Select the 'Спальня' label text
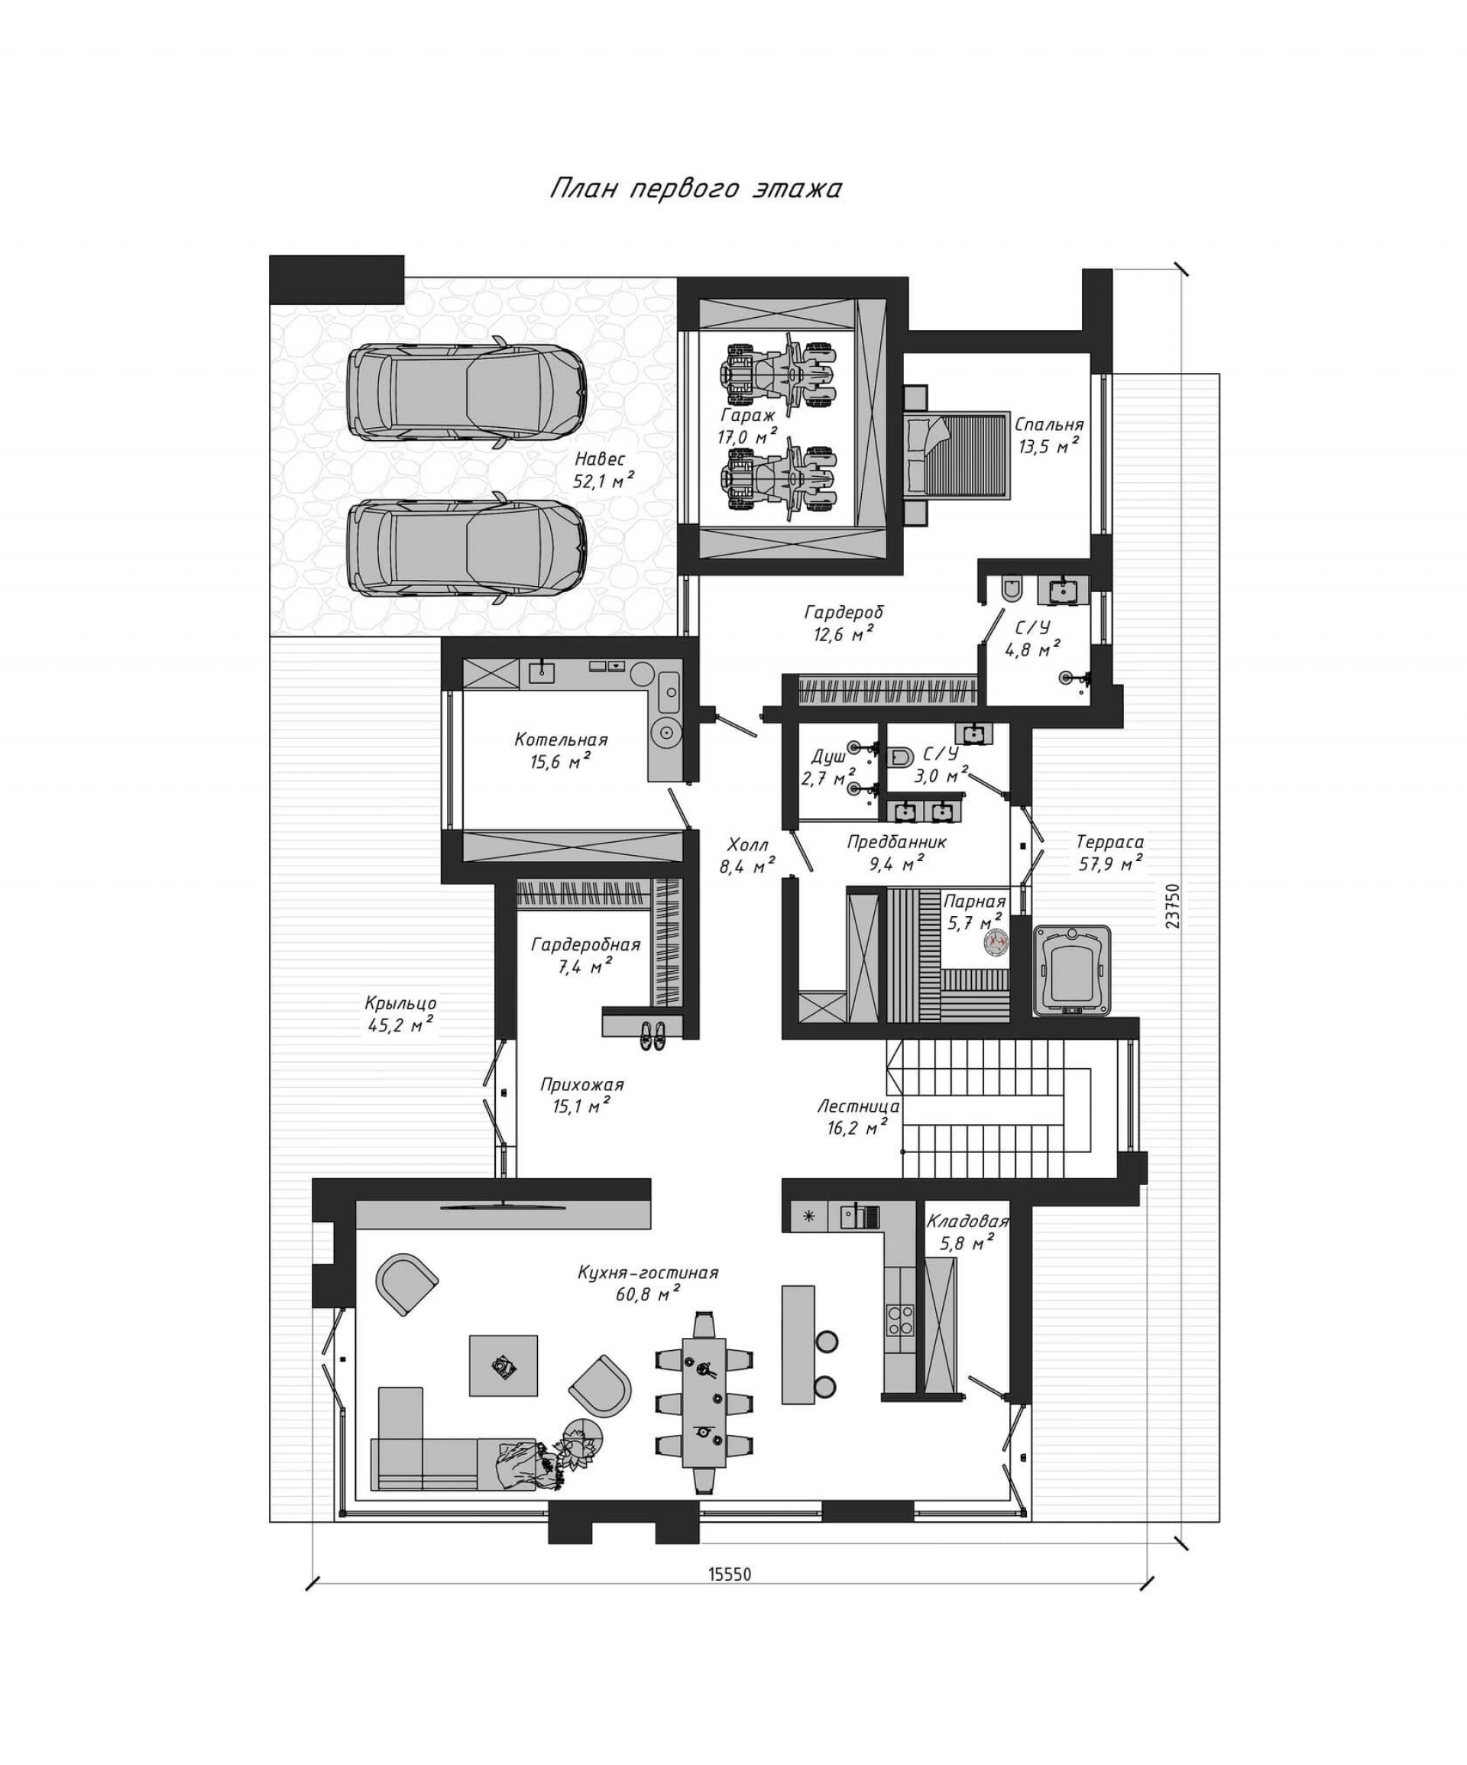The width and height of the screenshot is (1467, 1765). click(1048, 425)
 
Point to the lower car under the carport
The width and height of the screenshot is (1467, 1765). click(467, 548)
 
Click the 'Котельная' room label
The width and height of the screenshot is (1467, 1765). click(561, 740)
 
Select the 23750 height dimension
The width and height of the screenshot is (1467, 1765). click(1173, 905)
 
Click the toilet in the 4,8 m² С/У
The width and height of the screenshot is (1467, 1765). click(1012, 588)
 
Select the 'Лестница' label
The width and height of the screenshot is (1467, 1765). click(858, 1107)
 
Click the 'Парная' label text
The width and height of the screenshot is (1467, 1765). click(974, 902)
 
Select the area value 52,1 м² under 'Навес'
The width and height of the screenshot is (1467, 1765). click(604, 481)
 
